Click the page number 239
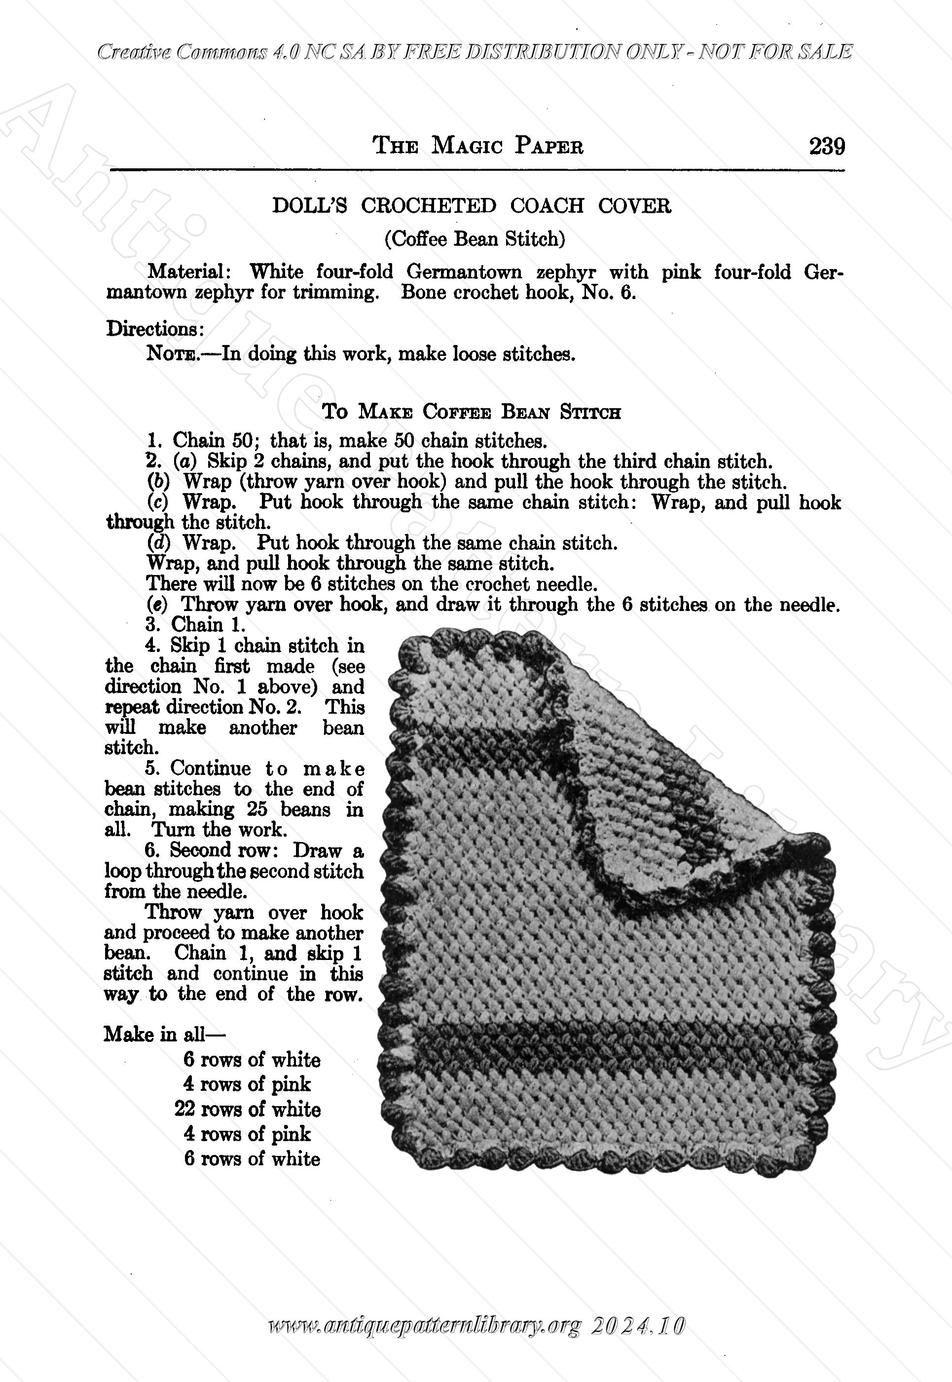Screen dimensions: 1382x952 click(x=827, y=146)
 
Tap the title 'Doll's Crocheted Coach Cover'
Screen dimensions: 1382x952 click(x=471, y=206)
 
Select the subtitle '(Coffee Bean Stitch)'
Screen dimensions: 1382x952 click(x=474, y=239)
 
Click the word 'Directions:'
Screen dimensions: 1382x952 click(x=156, y=329)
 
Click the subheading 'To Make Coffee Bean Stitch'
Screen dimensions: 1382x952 click(x=471, y=412)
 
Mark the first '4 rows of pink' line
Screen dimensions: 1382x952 click(x=247, y=1084)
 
